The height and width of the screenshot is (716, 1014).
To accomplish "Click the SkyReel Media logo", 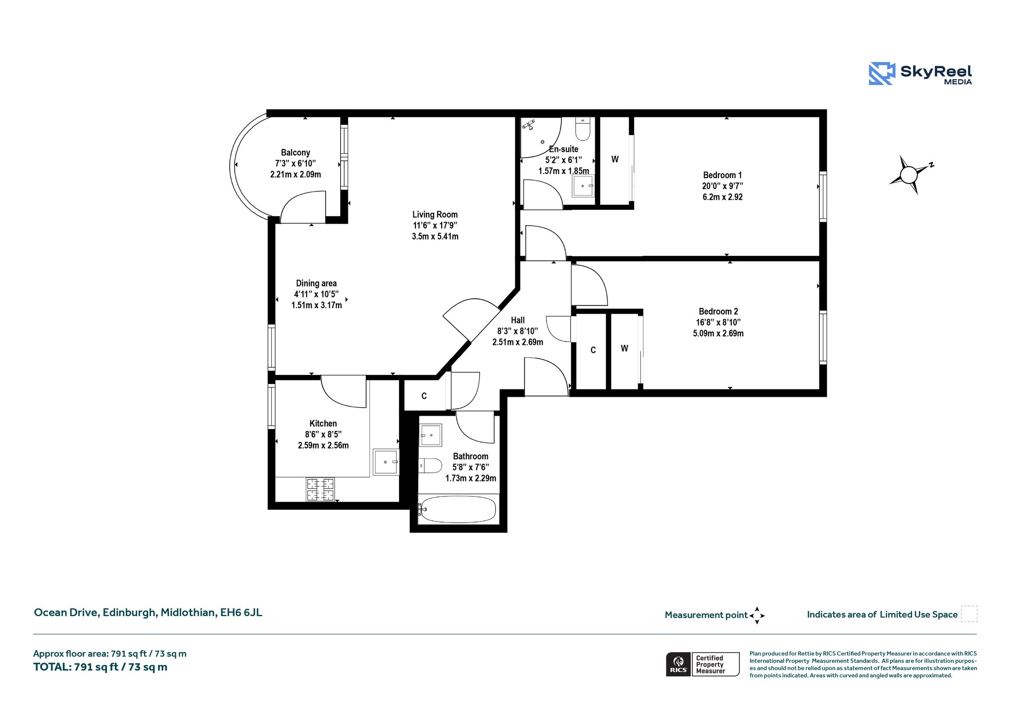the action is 920,74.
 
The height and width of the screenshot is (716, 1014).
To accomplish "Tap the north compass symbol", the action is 911,175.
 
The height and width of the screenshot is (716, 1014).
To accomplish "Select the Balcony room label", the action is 296,152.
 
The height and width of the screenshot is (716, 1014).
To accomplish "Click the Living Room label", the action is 435,214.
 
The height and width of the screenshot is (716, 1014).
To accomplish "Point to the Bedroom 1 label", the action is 722,175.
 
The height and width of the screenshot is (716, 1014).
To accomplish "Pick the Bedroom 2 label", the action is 718,311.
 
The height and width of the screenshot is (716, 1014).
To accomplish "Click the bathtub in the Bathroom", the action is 457,510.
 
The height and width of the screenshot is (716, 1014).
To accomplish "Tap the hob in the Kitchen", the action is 320,489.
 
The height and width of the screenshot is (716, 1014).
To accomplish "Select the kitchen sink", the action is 386,462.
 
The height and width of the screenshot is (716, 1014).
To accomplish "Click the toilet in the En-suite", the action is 583,129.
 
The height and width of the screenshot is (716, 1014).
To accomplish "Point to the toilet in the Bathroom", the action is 430,466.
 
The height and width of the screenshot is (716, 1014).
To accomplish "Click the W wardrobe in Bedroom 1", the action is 615,159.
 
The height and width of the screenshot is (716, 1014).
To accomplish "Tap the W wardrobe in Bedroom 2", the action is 624,348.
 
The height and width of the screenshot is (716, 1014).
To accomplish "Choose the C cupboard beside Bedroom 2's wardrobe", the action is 593,350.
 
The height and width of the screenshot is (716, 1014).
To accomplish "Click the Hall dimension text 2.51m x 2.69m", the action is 517,342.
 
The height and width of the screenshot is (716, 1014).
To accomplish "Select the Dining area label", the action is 316,283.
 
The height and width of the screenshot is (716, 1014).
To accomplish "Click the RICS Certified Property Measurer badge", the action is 703,664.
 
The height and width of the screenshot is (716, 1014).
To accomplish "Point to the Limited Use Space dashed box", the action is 969,614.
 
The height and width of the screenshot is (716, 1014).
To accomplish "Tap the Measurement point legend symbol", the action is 757,616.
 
